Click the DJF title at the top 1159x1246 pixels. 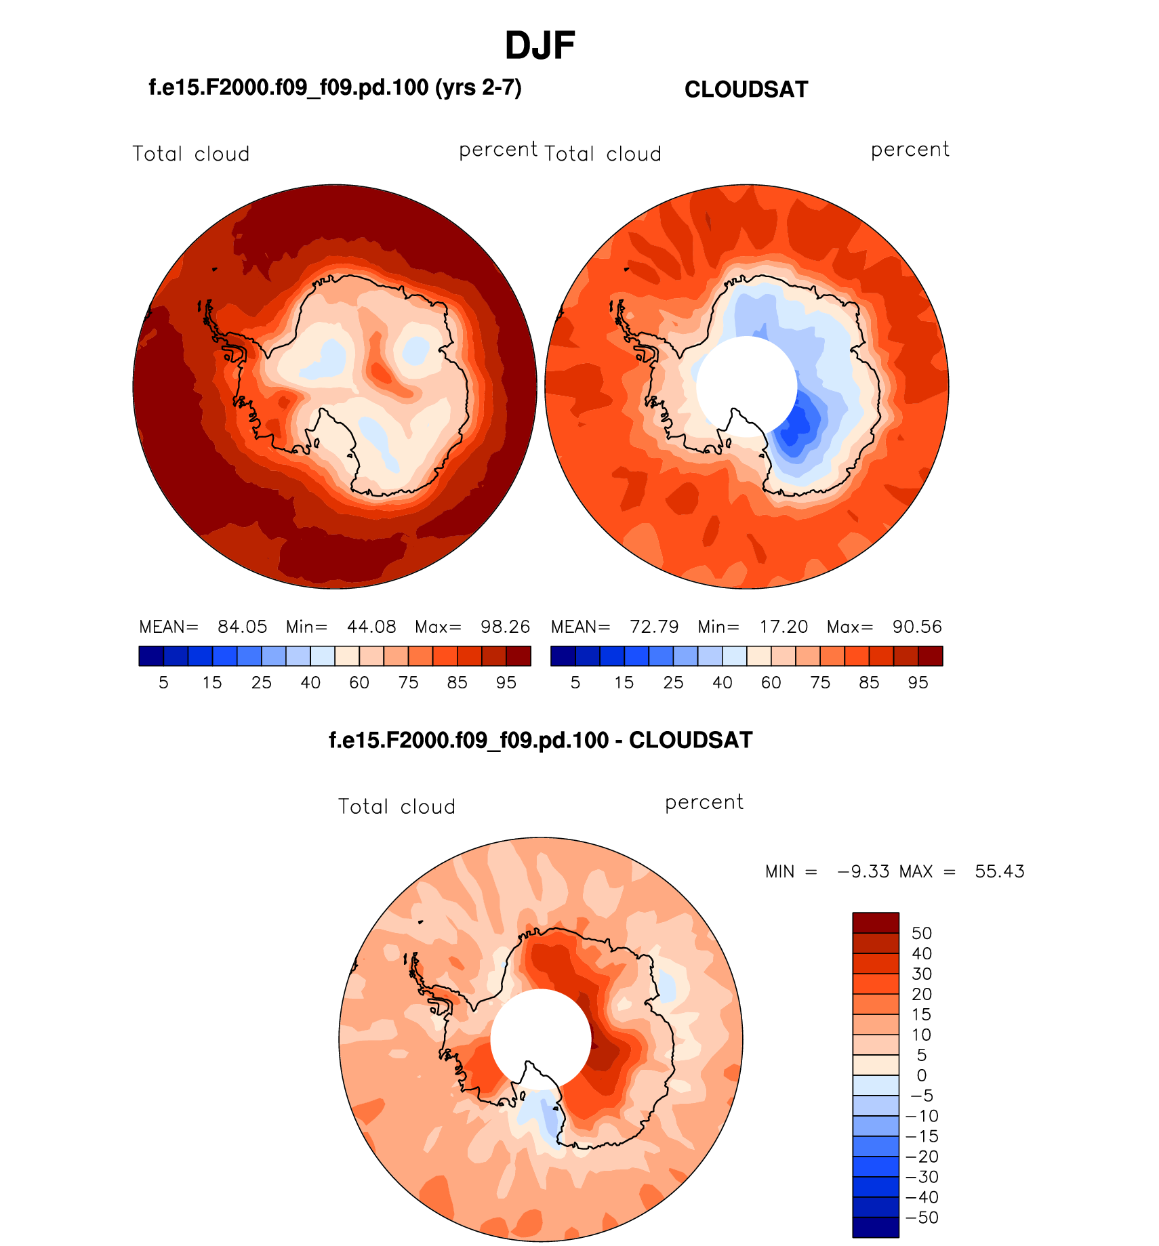pyautogui.click(x=540, y=46)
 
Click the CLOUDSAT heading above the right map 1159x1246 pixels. pyautogui.click(x=746, y=89)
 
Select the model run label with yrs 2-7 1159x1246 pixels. pyautogui.click(x=335, y=87)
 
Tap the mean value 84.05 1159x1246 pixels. pyautogui.click(x=242, y=627)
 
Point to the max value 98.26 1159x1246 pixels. pyautogui.click(x=505, y=627)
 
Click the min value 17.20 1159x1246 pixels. pyautogui.click(x=784, y=627)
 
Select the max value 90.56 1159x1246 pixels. pyautogui.click(x=917, y=627)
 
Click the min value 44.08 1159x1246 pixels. pyautogui.click(x=371, y=627)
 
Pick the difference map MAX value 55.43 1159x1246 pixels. pyautogui.click(x=1000, y=871)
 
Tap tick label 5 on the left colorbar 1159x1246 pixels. pyautogui.click(x=163, y=683)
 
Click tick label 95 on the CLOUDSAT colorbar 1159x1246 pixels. pyautogui.click(x=918, y=683)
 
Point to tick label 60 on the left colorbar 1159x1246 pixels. pyautogui.click(x=359, y=683)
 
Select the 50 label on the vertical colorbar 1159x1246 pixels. pyautogui.click(x=922, y=934)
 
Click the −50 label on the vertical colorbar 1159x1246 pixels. pyautogui.click(x=922, y=1218)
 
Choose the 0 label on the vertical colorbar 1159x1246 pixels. pyautogui.click(x=922, y=1075)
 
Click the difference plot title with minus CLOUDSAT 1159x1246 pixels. pyautogui.click(x=540, y=740)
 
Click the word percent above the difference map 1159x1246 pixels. pyautogui.click(x=704, y=803)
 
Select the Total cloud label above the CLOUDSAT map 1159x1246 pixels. pyautogui.click(x=603, y=154)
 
